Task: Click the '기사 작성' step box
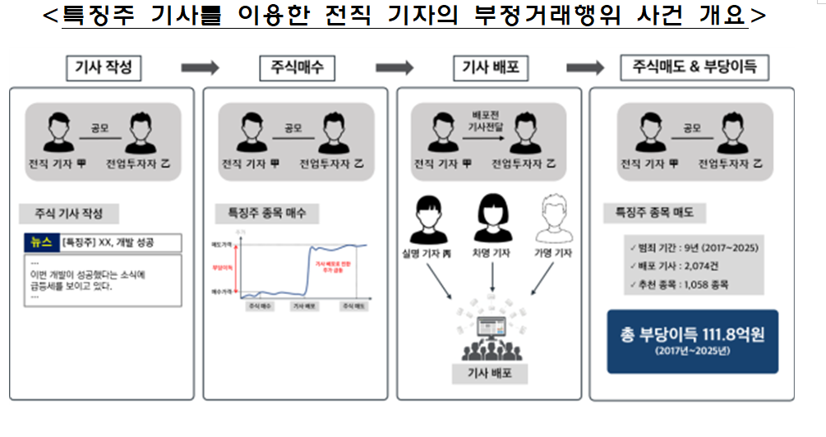coord(102,68)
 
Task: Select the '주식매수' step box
coord(296,68)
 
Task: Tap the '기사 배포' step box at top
coord(491,68)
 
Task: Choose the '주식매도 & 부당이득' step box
coord(694,68)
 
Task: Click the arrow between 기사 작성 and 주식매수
coord(199,68)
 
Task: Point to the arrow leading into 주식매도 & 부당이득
coord(585,68)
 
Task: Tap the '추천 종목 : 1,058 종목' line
coord(679,284)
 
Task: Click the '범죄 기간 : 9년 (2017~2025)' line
coord(693,247)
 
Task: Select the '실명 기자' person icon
coord(430,216)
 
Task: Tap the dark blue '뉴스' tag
coord(40,242)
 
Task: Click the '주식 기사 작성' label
coord(69,214)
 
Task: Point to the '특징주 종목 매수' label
coord(261,213)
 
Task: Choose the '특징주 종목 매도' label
coord(649,213)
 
